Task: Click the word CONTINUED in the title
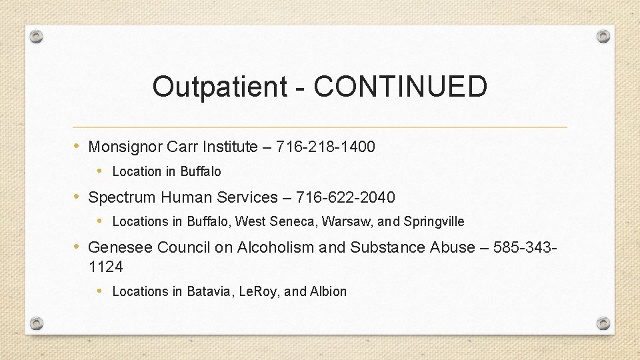pyautogui.click(x=401, y=87)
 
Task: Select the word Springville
pyautogui.click(x=434, y=221)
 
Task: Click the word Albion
pyautogui.click(x=328, y=291)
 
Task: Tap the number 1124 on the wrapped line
pyautogui.click(x=105, y=267)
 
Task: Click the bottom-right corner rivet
pyautogui.click(x=603, y=323)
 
